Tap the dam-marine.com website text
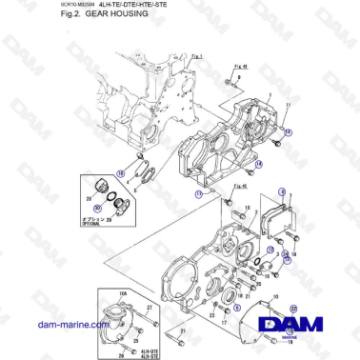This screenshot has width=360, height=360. click(x=49, y=325)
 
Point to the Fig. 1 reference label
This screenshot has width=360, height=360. click(x=198, y=57)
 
